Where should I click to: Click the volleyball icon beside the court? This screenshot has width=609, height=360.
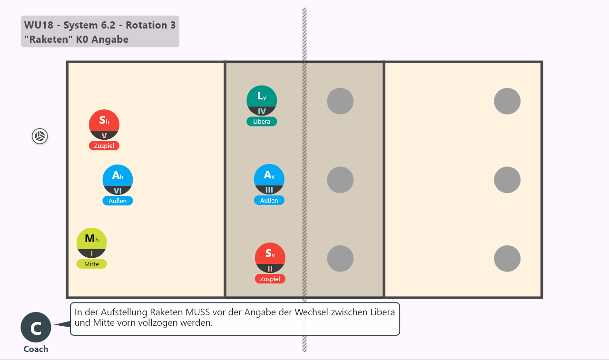39,136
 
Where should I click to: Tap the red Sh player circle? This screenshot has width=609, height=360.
104,125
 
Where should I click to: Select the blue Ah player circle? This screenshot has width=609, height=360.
118,180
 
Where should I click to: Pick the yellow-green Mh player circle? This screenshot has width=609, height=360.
92,243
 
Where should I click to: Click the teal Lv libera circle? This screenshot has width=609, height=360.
262,100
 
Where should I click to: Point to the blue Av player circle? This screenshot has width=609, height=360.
269,179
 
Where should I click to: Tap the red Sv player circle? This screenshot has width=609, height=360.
270,258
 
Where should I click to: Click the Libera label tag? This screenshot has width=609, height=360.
262,121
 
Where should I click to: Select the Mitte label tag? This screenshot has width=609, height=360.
92,264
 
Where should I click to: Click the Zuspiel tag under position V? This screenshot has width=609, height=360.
104,146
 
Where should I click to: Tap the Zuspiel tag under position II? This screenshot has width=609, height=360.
270,279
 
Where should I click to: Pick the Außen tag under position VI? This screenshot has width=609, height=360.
118,201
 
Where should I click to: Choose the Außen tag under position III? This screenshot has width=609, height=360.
269,200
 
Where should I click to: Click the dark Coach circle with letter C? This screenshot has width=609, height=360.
36,327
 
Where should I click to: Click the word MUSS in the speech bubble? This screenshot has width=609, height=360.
197,312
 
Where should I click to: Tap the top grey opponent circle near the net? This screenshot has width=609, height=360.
340,101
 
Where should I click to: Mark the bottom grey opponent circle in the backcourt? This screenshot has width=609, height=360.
507,258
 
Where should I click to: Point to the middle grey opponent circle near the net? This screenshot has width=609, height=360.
340,180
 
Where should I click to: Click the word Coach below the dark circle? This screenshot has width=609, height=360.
36,349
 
